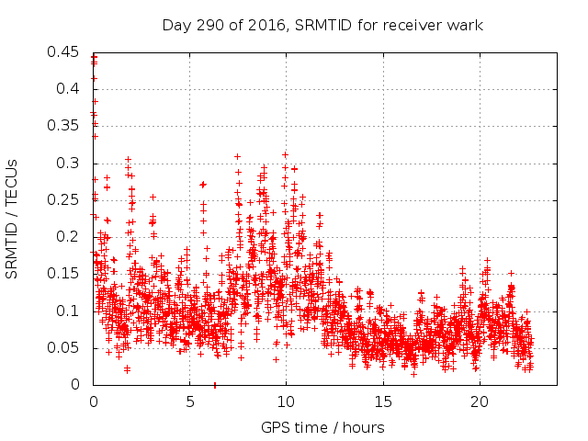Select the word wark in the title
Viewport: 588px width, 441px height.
click(x=465, y=25)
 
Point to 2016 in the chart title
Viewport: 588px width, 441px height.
click(x=265, y=25)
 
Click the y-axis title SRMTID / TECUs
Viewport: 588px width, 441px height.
click(x=12, y=218)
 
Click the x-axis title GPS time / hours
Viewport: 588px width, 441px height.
click(x=322, y=427)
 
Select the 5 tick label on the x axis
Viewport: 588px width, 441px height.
click(x=190, y=402)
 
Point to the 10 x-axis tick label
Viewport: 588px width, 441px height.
click(x=287, y=402)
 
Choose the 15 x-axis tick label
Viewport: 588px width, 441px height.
click(x=383, y=402)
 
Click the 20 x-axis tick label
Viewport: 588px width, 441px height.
click(x=480, y=402)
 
